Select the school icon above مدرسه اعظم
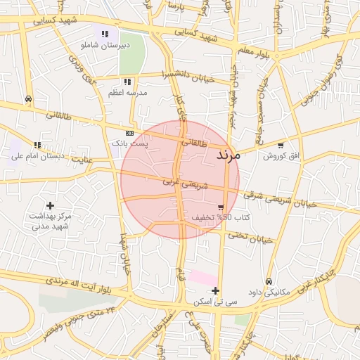point(127,82)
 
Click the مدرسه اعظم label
point(127,92)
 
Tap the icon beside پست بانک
point(130,132)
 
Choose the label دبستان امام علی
point(37,155)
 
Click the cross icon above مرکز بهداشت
point(50,205)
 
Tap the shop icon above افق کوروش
point(281,146)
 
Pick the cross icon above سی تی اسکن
point(216,290)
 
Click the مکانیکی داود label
point(269,291)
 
